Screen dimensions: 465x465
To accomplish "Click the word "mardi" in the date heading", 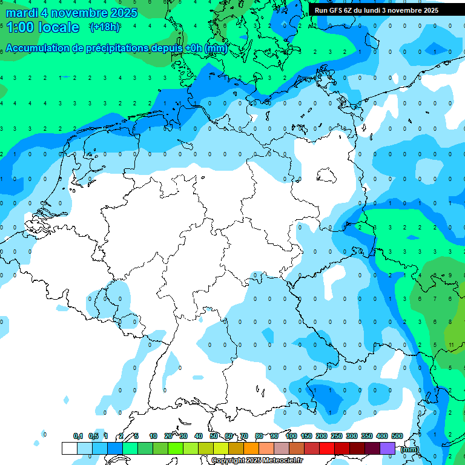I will (x=22, y=12).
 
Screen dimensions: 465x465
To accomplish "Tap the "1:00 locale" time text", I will (x=42, y=27).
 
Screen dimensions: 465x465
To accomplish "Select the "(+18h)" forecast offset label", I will (x=105, y=27).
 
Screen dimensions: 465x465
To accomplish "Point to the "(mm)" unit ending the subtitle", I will (x=216, y=48).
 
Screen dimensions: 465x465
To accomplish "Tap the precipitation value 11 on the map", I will (x=452, y=345).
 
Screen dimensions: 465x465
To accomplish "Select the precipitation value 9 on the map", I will (x=449, y=275).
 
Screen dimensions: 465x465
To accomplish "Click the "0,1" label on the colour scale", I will (x=78, y=436).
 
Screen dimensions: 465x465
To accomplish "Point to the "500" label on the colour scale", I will (x=397, y=436).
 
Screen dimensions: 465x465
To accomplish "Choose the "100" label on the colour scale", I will (x=291, y=436).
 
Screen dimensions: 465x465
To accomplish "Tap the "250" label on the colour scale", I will (x=337, y=436).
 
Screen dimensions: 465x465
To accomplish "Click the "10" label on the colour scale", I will (x=153, y=436).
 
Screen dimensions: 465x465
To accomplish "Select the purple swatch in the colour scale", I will (x=387, y=448).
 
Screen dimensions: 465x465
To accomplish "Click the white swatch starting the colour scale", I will (x=70, y=448).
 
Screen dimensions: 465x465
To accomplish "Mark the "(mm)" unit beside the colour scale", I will (x=410, y=449).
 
